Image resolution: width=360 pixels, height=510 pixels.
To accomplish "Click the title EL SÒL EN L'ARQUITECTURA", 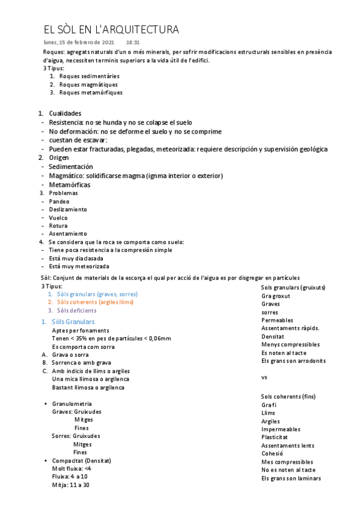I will [x=111, y=29].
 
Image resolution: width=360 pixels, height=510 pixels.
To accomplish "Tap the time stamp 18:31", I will [x=133, y=43].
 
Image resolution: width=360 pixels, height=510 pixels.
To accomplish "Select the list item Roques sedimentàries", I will [x=89, y=76].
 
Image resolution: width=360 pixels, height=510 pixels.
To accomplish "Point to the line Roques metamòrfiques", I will [x=91, y=93].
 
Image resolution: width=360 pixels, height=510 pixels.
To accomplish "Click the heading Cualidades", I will [x=65, y=113].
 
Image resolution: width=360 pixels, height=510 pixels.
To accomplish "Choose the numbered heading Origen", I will [x=59, y=157].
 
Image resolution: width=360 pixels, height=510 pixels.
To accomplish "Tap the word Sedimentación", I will [x=71, y=166].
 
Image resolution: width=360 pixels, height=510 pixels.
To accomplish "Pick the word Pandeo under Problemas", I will [x=59, y=201].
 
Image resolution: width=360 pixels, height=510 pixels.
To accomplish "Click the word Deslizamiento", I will [x=68, y=209].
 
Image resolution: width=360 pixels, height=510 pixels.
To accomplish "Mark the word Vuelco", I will [x=58, y=218].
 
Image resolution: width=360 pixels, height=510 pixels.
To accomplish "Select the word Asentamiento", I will [x=68, y=233].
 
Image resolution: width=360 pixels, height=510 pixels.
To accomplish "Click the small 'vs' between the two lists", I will [x=264, y=377].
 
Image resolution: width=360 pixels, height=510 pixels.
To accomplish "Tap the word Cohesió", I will [x=272, y=453].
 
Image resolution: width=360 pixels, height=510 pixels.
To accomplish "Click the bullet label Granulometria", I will [x=72, y=404].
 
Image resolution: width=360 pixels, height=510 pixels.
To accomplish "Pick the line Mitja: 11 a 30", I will [x=71, y=484].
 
